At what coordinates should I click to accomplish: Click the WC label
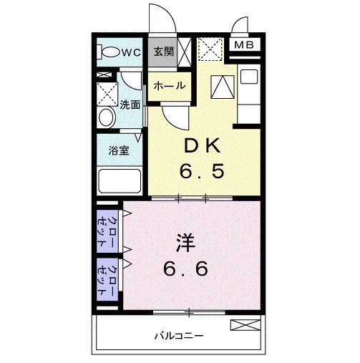pyautogui.click(x=130, y=52)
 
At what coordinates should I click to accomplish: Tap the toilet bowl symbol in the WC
pyautogui.click(x=110, y=52)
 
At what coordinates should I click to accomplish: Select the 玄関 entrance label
pyautogui.click(x=162, y=52)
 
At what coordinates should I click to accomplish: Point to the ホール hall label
pyautogui.click(x=170, y=86)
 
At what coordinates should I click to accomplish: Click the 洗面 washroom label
pyautogui.click(x=130, y=104)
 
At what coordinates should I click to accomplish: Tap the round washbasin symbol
pyautogui.click(x=107, y=117)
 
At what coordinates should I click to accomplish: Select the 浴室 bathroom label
pyautogui.click(x=118, y=152)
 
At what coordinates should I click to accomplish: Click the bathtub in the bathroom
pyautogui.click(x=118, y=179)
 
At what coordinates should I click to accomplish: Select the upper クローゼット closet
pyautogui.click(x=110, y=229)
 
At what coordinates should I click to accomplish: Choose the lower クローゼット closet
pyautogui.click(x=110, y=279)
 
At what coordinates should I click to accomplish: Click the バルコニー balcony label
pyautogui.click(x=179, y=335)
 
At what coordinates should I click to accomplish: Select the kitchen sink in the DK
pyautogui.click(x=250, y=77)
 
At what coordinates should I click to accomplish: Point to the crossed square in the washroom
pyautogui.click(x=107, y=92)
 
